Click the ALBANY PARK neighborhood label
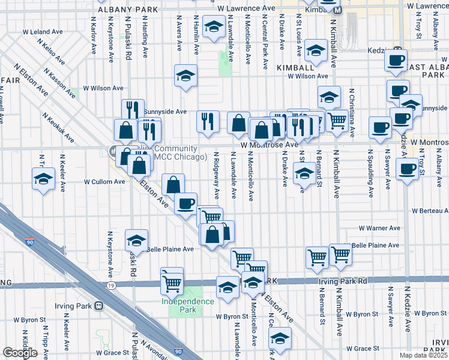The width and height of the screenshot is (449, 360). tap(130, 10)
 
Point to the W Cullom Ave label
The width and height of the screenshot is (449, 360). tap(103, 181)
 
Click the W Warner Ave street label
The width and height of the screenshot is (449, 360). tap(379, 228)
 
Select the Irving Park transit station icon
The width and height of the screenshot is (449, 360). tap(99, 305)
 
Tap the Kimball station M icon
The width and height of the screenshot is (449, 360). tap(337, 10)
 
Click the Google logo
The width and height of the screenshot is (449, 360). tap(20, 353)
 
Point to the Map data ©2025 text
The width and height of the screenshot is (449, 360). tap(424, 355)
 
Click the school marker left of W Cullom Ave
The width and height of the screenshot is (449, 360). tap(43, 179)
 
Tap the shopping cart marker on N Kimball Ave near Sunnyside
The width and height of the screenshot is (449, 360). tap(337, 121)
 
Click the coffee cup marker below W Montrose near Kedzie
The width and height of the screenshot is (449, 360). tap(408, 170)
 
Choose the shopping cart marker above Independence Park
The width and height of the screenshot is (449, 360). tap(172, 281)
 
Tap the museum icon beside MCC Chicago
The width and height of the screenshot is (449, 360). tap(113, 151)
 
